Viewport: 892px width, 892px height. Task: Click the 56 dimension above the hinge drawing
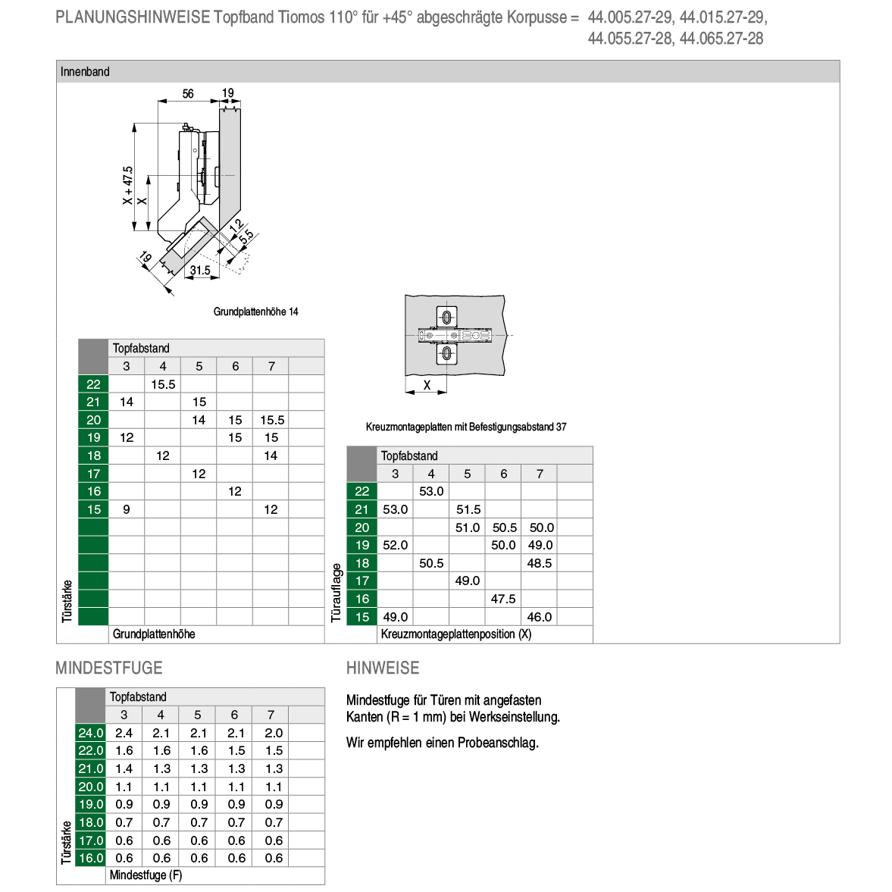point(188,94)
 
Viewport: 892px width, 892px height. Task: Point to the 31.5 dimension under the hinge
point(200,271)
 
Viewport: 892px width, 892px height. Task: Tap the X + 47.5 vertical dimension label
point(128,186)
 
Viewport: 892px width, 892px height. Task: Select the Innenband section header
point(85,72)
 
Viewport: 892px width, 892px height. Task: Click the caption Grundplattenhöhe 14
point(255,311)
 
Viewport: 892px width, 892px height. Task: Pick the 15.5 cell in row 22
point(163,384)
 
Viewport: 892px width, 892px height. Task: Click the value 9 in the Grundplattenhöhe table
point(127,509)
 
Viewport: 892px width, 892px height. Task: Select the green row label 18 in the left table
point(93,455)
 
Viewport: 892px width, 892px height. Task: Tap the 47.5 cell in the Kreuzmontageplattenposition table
point(503,599)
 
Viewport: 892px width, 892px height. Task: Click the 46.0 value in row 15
point(540,617)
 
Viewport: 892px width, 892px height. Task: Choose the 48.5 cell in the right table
point(540,563)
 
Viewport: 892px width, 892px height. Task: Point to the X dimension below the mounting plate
point(427,386)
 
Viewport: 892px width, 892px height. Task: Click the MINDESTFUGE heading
point(109,668)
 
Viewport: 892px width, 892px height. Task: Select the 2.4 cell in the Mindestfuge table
point(124,733)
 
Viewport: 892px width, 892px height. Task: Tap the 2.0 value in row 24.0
point(274,733)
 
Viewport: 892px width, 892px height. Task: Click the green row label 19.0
point(90,804)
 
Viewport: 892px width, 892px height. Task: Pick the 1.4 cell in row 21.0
point(124,768)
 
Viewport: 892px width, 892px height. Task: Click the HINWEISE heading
point(383,668)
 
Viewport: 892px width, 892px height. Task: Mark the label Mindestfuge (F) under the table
point(146,875)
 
